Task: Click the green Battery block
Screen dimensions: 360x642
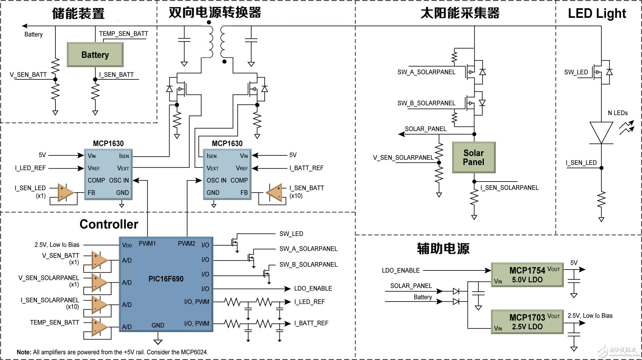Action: coord(95,55)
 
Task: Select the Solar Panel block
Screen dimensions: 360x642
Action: coord(474,157)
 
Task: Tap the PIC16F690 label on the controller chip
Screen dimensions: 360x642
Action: coord(166,279)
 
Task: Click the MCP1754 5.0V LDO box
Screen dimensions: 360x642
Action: coord(527,275)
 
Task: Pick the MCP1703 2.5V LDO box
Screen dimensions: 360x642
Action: coord(527,322)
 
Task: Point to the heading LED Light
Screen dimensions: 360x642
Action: coord(597,14)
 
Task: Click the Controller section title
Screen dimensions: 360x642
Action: coord(109,224)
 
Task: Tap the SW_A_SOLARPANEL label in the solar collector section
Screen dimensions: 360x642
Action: coord(426,72)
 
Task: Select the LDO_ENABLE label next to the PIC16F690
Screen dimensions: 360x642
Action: coord(313,288)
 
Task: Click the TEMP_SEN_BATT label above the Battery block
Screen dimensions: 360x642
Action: coord(123,34)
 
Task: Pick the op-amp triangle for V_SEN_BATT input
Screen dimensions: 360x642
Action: coord(99,260)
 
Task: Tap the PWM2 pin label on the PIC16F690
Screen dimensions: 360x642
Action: coord(187,244)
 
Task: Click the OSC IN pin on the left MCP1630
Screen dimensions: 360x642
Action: coord(119,180)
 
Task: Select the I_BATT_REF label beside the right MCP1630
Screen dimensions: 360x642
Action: coord(306,168)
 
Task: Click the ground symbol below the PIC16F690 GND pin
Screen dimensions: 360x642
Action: coord(158,342)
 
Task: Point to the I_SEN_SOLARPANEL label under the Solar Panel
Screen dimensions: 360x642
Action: coord(509,188)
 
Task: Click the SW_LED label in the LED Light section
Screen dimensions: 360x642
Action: coord(576,72)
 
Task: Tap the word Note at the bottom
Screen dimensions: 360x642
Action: coord(24,352)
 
